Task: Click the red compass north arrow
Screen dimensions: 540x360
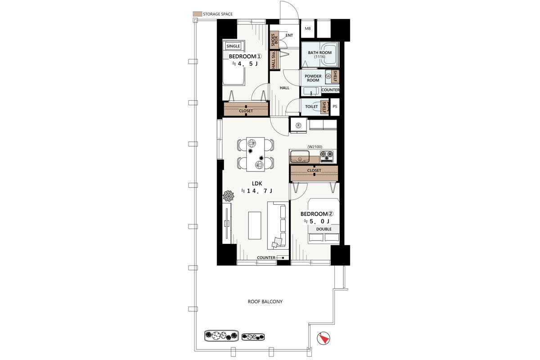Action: point(324,339)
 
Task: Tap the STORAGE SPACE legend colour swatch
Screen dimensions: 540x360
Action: point(197,14)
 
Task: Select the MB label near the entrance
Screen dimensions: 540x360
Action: point(308,28)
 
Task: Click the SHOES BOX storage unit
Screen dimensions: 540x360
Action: point(274,40)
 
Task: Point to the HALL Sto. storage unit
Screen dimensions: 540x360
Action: point(274,60)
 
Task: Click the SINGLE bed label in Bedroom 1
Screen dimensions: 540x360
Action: point(233,46)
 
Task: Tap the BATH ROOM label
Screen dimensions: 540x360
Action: point(319,53)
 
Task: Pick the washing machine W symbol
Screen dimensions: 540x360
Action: point(328,76)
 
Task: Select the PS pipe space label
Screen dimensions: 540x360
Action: point(335,106)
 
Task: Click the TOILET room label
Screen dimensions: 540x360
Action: point(311,107)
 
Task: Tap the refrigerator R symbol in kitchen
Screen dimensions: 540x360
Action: point(298,126)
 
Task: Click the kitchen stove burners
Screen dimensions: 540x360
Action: point(327,156)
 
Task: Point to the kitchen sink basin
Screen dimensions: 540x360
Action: point(300,156)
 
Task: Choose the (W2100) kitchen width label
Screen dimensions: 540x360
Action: point(315,147)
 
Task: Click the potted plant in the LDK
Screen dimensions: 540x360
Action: point(228,196)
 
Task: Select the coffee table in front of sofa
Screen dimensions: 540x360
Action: point(255,225)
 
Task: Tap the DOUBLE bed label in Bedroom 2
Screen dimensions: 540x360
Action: point(324,229)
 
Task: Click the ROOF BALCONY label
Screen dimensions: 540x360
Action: point(265,301)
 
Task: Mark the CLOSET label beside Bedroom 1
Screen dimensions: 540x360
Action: point(246,111)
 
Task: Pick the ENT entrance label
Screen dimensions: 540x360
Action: point(289,35)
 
